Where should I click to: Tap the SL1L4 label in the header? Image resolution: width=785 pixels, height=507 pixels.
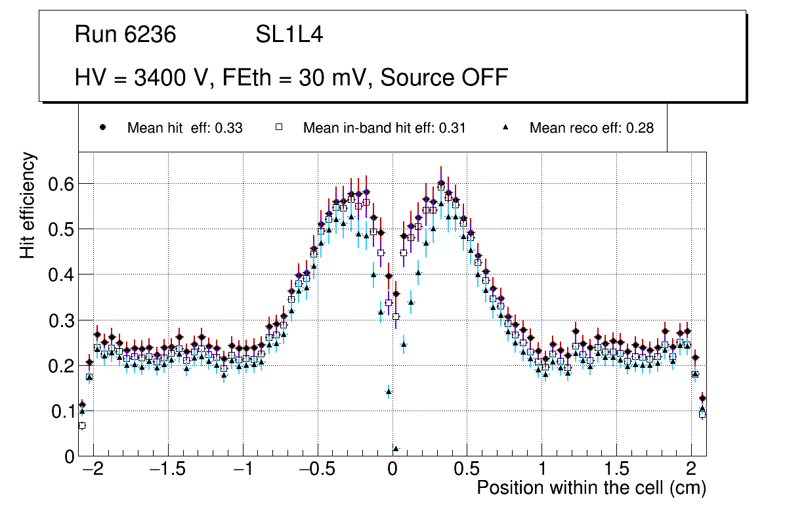pyautogui.click(x=289, y=35)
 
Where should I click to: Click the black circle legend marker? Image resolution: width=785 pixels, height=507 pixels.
pyautogui.click(x=103, y=127)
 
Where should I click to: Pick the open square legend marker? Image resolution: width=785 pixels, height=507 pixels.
pyautogui.click(x=278, y=127)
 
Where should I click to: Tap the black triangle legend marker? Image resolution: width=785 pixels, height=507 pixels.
pyautogui.click(x=506, y=127)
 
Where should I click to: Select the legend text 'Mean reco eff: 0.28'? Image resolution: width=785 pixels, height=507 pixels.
pyautogui.click(x=591, y=128)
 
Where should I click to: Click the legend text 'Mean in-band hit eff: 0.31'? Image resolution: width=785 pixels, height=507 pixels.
pyautogui.click(x=384, y=128)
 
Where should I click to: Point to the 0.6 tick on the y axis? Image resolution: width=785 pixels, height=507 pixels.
pyautogui.click(x=61, y=184)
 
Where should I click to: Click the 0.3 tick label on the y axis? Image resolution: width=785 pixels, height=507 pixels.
pyautogui.click(x=61, y=320)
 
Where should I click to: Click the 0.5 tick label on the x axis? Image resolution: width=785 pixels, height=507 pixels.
pyautogui.click(x=467, y=471)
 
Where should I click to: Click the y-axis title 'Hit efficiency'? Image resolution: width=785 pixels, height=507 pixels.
pyautogui.click(x=28, y=205)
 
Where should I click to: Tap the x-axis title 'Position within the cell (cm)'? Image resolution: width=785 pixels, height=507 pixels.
pyautogui.click(x=591, y=489)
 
